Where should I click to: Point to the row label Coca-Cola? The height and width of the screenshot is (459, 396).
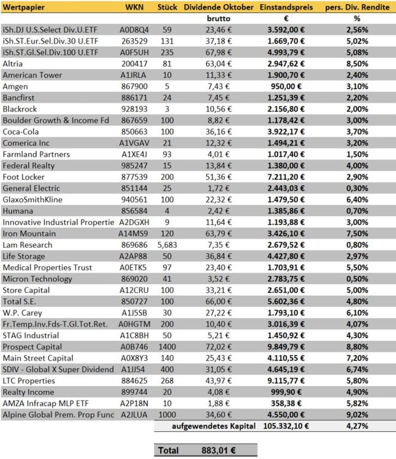click(x=22, y=132)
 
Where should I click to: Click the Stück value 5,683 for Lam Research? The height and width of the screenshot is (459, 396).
click(x=167, y=245)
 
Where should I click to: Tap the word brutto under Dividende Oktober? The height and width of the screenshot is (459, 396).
click(x=214, y=19)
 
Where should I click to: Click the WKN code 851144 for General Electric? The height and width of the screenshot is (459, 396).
click(x=135, y=188)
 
